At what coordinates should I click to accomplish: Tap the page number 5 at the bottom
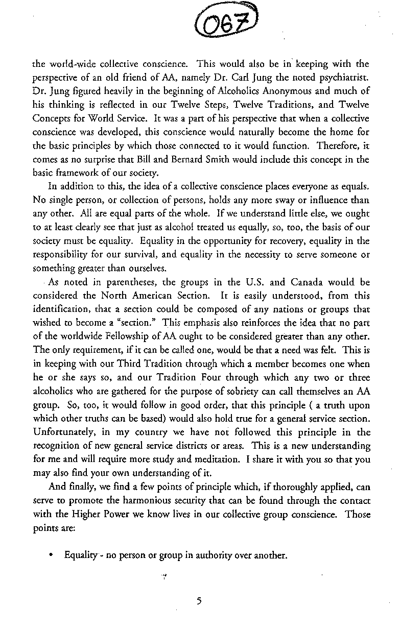200,601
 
